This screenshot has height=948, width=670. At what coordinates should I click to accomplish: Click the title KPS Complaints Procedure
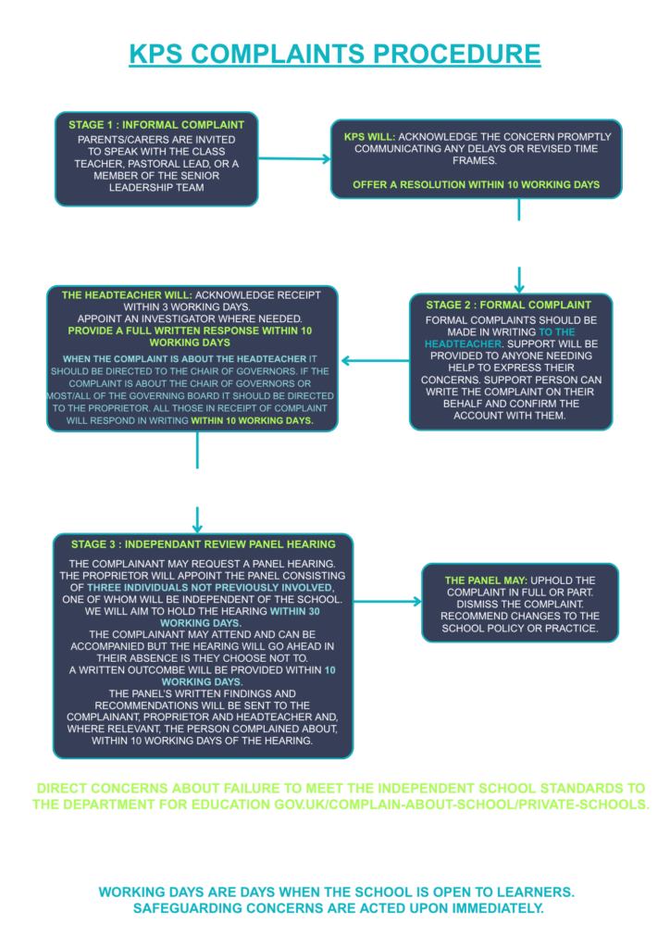coord(335,54)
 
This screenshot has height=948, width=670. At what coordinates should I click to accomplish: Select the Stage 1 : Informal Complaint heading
coord(156,125)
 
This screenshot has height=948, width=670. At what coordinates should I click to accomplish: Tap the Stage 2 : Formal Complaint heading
coord(509,306)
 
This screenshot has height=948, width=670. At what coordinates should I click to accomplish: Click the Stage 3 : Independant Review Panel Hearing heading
coord(203,544)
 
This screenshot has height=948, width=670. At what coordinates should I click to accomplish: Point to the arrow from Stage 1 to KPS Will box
coord(295,159)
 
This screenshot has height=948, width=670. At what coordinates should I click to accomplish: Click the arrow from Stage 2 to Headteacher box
coord(376,361)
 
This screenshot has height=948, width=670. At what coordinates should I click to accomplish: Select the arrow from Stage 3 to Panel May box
coord(388,602)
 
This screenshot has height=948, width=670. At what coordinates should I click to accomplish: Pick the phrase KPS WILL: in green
coord(370,137)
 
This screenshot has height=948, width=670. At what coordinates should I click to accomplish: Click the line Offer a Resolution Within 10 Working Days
coord(476,184)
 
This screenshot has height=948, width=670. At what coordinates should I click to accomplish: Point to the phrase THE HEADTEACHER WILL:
coord(127,295)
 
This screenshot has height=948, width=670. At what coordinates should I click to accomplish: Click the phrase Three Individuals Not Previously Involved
coord(210,588)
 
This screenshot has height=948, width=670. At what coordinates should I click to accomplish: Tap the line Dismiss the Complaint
coord(520,604)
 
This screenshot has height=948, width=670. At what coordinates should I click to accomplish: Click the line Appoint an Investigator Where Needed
coord(190,318)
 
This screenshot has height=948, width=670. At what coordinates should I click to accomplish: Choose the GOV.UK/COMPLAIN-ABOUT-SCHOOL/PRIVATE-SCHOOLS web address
coord(462,805)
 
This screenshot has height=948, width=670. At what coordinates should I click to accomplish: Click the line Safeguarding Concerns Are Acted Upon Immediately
coord(339,908)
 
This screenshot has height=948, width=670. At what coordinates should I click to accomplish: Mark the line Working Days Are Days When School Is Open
coord(337,892)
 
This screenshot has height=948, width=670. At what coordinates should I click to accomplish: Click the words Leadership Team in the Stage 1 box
coord(156,187)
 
